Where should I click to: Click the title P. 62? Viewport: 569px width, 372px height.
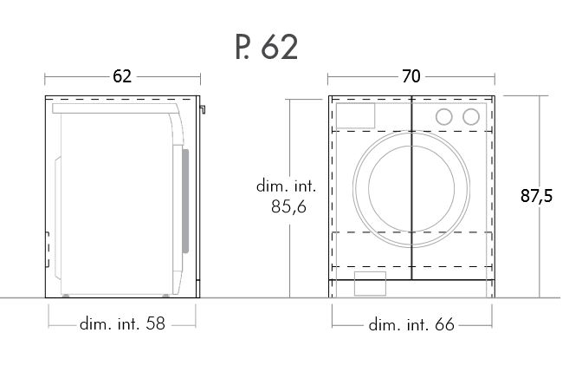coord(267,47)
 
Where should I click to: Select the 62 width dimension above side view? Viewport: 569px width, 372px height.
coord(122,76)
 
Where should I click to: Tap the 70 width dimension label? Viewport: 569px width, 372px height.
coord(411,76)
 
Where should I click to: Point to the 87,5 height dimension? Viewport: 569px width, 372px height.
coord(536,196)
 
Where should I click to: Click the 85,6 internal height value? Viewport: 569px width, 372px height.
coord(289,206)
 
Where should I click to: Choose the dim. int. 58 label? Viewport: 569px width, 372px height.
coord(122,323)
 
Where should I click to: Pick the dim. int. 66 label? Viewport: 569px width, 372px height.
coord(411,324)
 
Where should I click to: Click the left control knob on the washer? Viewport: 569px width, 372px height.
coord(443,116)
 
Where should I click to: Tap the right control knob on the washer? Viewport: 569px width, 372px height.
coord(471,116)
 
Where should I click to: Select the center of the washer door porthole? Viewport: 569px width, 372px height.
coord(411,188)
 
